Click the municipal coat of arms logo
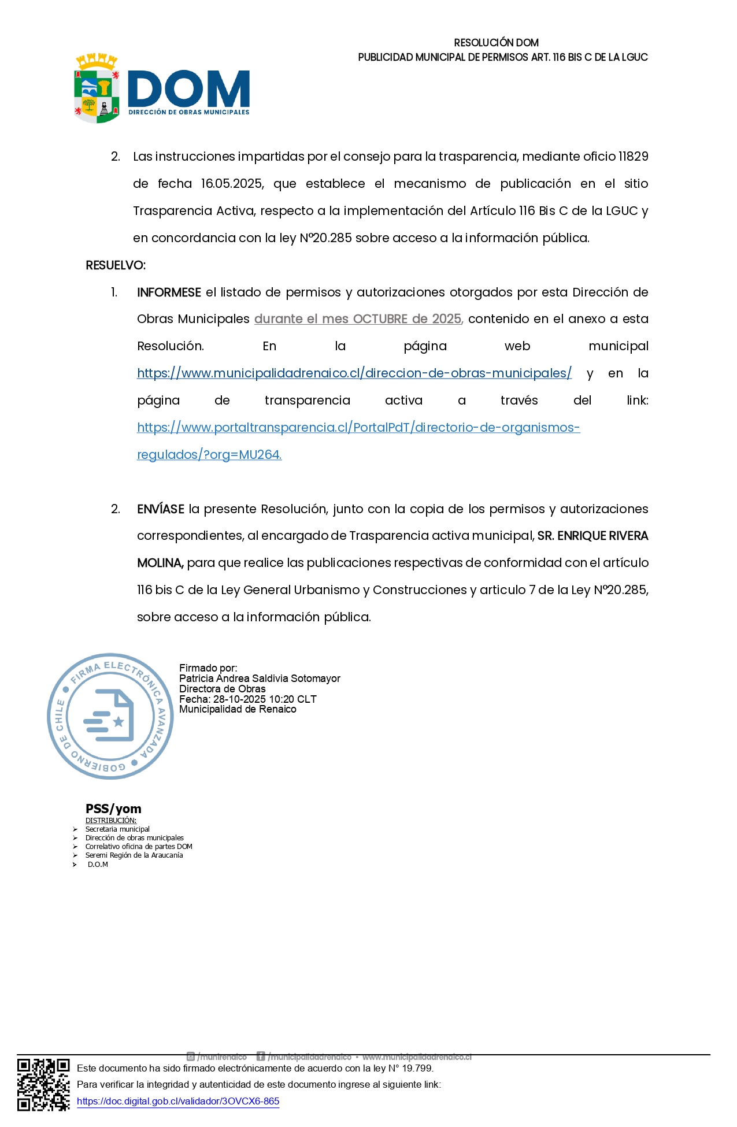coord(97,88)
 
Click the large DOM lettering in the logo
coord(188,89)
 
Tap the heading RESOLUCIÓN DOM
coord(496,43)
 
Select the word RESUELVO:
coord(116,265)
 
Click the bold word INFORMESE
coord(169,292)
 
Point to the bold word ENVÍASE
coord(161,509)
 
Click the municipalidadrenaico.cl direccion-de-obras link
coord(354,373)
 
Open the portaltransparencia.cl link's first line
coord(358,428)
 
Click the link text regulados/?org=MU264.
coord(209,455)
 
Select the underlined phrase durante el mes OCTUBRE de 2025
coord(358,319)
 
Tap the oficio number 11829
coord(633,157)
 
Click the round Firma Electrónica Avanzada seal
coord(110,717)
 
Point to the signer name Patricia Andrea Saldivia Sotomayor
coord(260,679)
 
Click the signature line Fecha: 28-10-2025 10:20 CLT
coord(247,699)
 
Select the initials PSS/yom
coord(113,809)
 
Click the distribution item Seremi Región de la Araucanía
coord(134,855)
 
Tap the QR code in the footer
coord(43,1085)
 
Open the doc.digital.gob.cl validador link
coord(178,1102)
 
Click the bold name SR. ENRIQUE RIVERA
coord(592,536)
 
